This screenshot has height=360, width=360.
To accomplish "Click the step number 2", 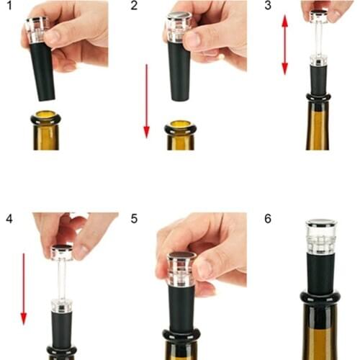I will (x=135, y=6).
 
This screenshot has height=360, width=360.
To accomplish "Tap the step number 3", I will (x=268, y=6).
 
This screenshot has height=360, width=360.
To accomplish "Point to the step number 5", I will (x=135, y=217).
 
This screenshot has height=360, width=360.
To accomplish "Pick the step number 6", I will (x=268, y=217).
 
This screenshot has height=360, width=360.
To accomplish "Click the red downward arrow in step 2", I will (x=146, y=101).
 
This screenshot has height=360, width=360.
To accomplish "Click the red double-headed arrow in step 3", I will (x=284, y=45).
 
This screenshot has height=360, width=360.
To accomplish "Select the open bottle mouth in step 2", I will (x=180, y=126).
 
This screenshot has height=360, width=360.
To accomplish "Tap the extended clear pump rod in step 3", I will (x=318, y=40).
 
